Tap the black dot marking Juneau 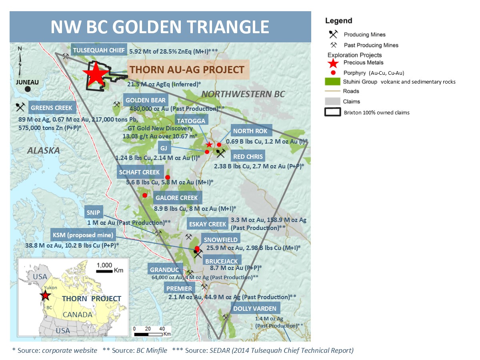click(27, 89)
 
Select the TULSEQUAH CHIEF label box click(99, 51)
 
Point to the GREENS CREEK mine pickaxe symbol click(20, 106)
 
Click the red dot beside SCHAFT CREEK click(168, 177)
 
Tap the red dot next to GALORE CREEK click(145, 195)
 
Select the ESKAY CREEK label click(208, 224)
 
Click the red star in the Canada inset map click(45, 296)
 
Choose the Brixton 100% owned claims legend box click(332, 112)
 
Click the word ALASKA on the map click(43, 150)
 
